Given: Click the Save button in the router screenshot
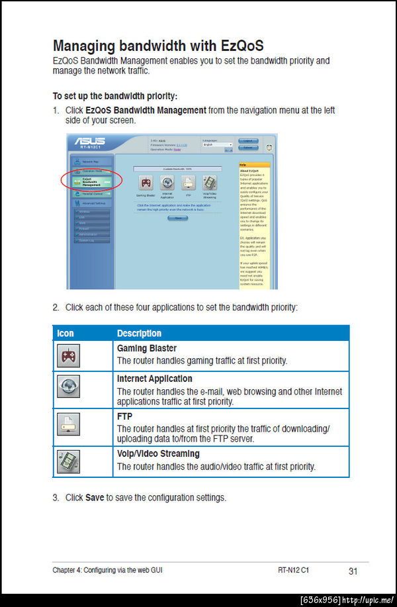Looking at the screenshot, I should tap(177, 218).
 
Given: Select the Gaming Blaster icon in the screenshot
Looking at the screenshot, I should tap(146, 183).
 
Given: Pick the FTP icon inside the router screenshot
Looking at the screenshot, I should tap(189, 183).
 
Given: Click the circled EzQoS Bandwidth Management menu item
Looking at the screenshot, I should tap(91, 180).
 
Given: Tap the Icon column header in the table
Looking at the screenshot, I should tap(66, 333).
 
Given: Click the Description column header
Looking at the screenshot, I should tap(139, 333).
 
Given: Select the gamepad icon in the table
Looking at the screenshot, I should tap(68, 357).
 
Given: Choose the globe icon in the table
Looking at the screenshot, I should tap(68, 388).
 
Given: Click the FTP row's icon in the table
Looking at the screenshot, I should tap(68, 424).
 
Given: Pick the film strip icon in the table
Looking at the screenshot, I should tap(68, 461).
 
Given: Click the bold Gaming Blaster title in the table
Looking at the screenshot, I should tap(146, 348).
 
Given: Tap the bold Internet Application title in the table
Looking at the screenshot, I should tap(154, 379).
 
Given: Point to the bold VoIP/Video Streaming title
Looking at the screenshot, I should tap(158, 453).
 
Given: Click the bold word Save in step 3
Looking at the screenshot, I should tap(95, 497).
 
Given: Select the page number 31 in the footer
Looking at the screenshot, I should tap(353, 571).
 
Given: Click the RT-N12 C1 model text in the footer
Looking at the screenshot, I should tap(294, 570).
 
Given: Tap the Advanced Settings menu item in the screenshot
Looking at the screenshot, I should tap(91, 203).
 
